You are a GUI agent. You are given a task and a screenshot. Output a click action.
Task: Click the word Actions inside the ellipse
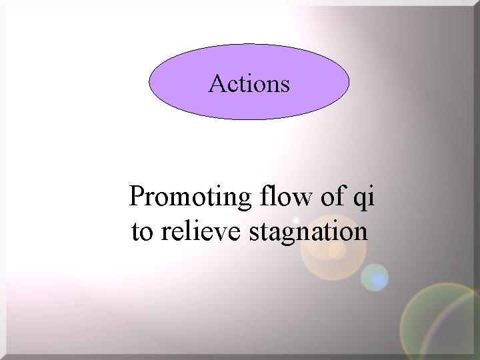pos(249,84)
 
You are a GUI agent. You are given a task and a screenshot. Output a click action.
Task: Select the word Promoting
pos(187,198)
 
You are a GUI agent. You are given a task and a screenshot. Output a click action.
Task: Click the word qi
pos(366,199)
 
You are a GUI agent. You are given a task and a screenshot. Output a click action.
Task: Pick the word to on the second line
pos(141,232)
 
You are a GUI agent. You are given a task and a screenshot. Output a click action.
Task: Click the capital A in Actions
pos(216,83)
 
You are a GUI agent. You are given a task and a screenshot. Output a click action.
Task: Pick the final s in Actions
pos(285,86)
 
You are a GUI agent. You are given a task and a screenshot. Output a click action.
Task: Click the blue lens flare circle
pos(375,277)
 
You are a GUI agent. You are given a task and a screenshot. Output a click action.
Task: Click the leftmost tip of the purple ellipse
pos(149,84)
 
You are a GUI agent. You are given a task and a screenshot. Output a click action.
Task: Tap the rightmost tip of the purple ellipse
pos(349,84)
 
